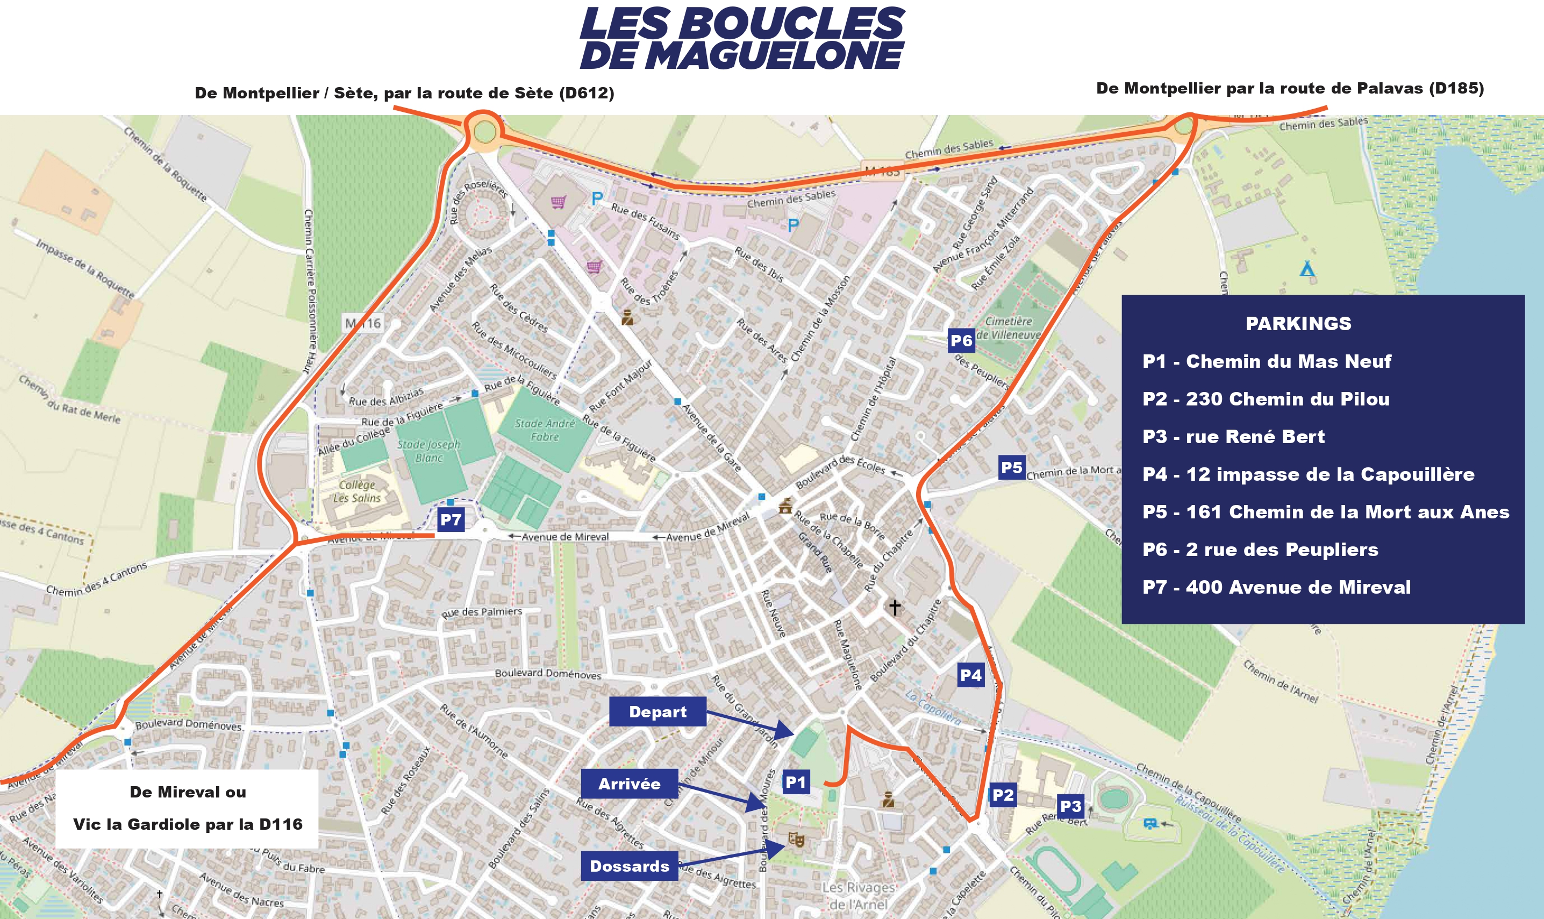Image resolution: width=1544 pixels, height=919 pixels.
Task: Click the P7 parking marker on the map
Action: click(450, 519)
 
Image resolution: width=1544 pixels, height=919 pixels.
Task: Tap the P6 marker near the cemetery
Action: click(961, 340)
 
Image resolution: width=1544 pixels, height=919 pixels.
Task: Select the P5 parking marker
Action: click(1012, 467)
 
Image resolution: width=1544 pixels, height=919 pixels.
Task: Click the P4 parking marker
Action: click(970, 675)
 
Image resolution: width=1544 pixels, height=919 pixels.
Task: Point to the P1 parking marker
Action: click(795, 782)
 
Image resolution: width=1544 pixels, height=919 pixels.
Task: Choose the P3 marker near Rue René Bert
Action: click(1070, 806)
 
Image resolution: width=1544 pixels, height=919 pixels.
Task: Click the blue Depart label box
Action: click(657, 711)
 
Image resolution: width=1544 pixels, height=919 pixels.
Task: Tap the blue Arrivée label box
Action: click(629, 784)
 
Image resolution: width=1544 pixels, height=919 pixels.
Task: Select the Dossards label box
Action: click(629, 866)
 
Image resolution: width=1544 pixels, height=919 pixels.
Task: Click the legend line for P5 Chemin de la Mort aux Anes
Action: click(1325, 511)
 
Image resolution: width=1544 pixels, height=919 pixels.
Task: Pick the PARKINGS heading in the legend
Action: click(1298, 323)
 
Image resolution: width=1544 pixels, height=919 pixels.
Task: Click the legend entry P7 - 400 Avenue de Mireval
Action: click(1276, 587)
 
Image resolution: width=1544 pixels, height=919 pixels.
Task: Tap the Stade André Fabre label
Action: click(545, 430)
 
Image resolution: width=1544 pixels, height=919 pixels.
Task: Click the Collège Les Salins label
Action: click(357, 491)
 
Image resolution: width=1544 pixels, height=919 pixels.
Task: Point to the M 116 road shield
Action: click(363, 323)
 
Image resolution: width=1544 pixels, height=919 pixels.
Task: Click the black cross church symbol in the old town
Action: click(894, 607)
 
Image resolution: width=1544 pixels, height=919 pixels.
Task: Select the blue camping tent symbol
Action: click(1307, 269)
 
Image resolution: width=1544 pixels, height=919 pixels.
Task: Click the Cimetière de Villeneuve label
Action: click(1009, 327)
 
